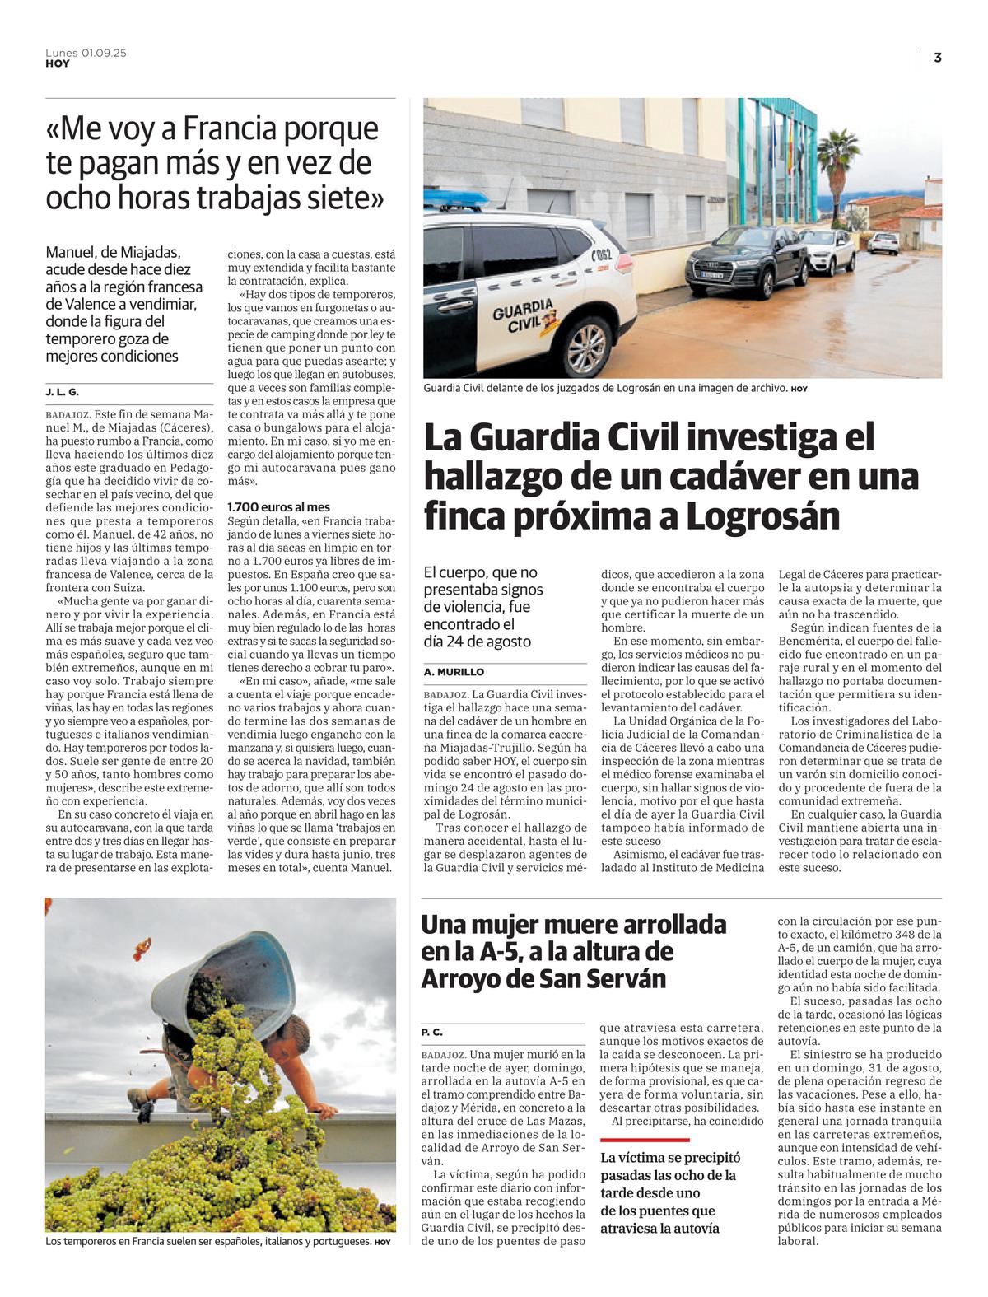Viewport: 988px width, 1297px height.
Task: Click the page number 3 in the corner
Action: pyautogui.click(x=937, y=58)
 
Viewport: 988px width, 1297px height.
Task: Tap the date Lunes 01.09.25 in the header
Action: pyautogui.click(x=86, y=53)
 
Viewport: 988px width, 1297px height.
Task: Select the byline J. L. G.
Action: pyautogui.click(x=63, y=392)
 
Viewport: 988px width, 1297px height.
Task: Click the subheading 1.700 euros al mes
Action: pyautogui.click(x=278, y=507)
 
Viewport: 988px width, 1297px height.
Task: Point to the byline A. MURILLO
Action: pyautogui.click(x=454, y=672)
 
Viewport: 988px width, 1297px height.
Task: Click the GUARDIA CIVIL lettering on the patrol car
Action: pyautogui.click(x=522, y=317)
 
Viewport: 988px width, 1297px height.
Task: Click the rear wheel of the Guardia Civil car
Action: pyautogui.click(x=585, y=350)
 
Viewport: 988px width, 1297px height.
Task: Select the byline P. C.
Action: pyautogui.click(x=432, y=1032)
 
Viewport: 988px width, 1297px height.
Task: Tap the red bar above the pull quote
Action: pyautogui.click(x=645, y=1141)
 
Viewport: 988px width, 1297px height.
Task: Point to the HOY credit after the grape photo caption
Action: pyautogui.click(x=382, y=1243)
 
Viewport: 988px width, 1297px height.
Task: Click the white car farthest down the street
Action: pyautogui.click(x=883, y=242)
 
